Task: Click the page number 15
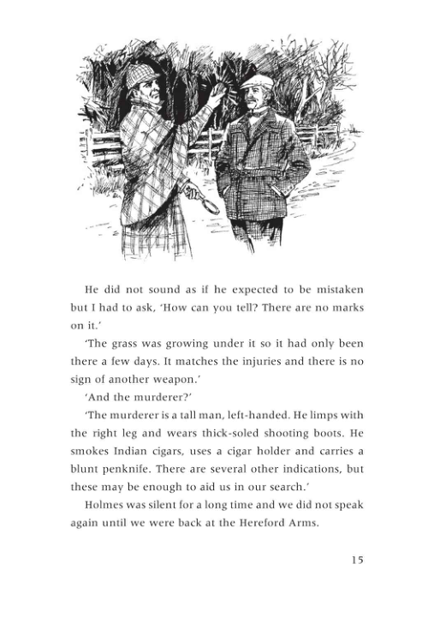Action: (356, 560)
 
